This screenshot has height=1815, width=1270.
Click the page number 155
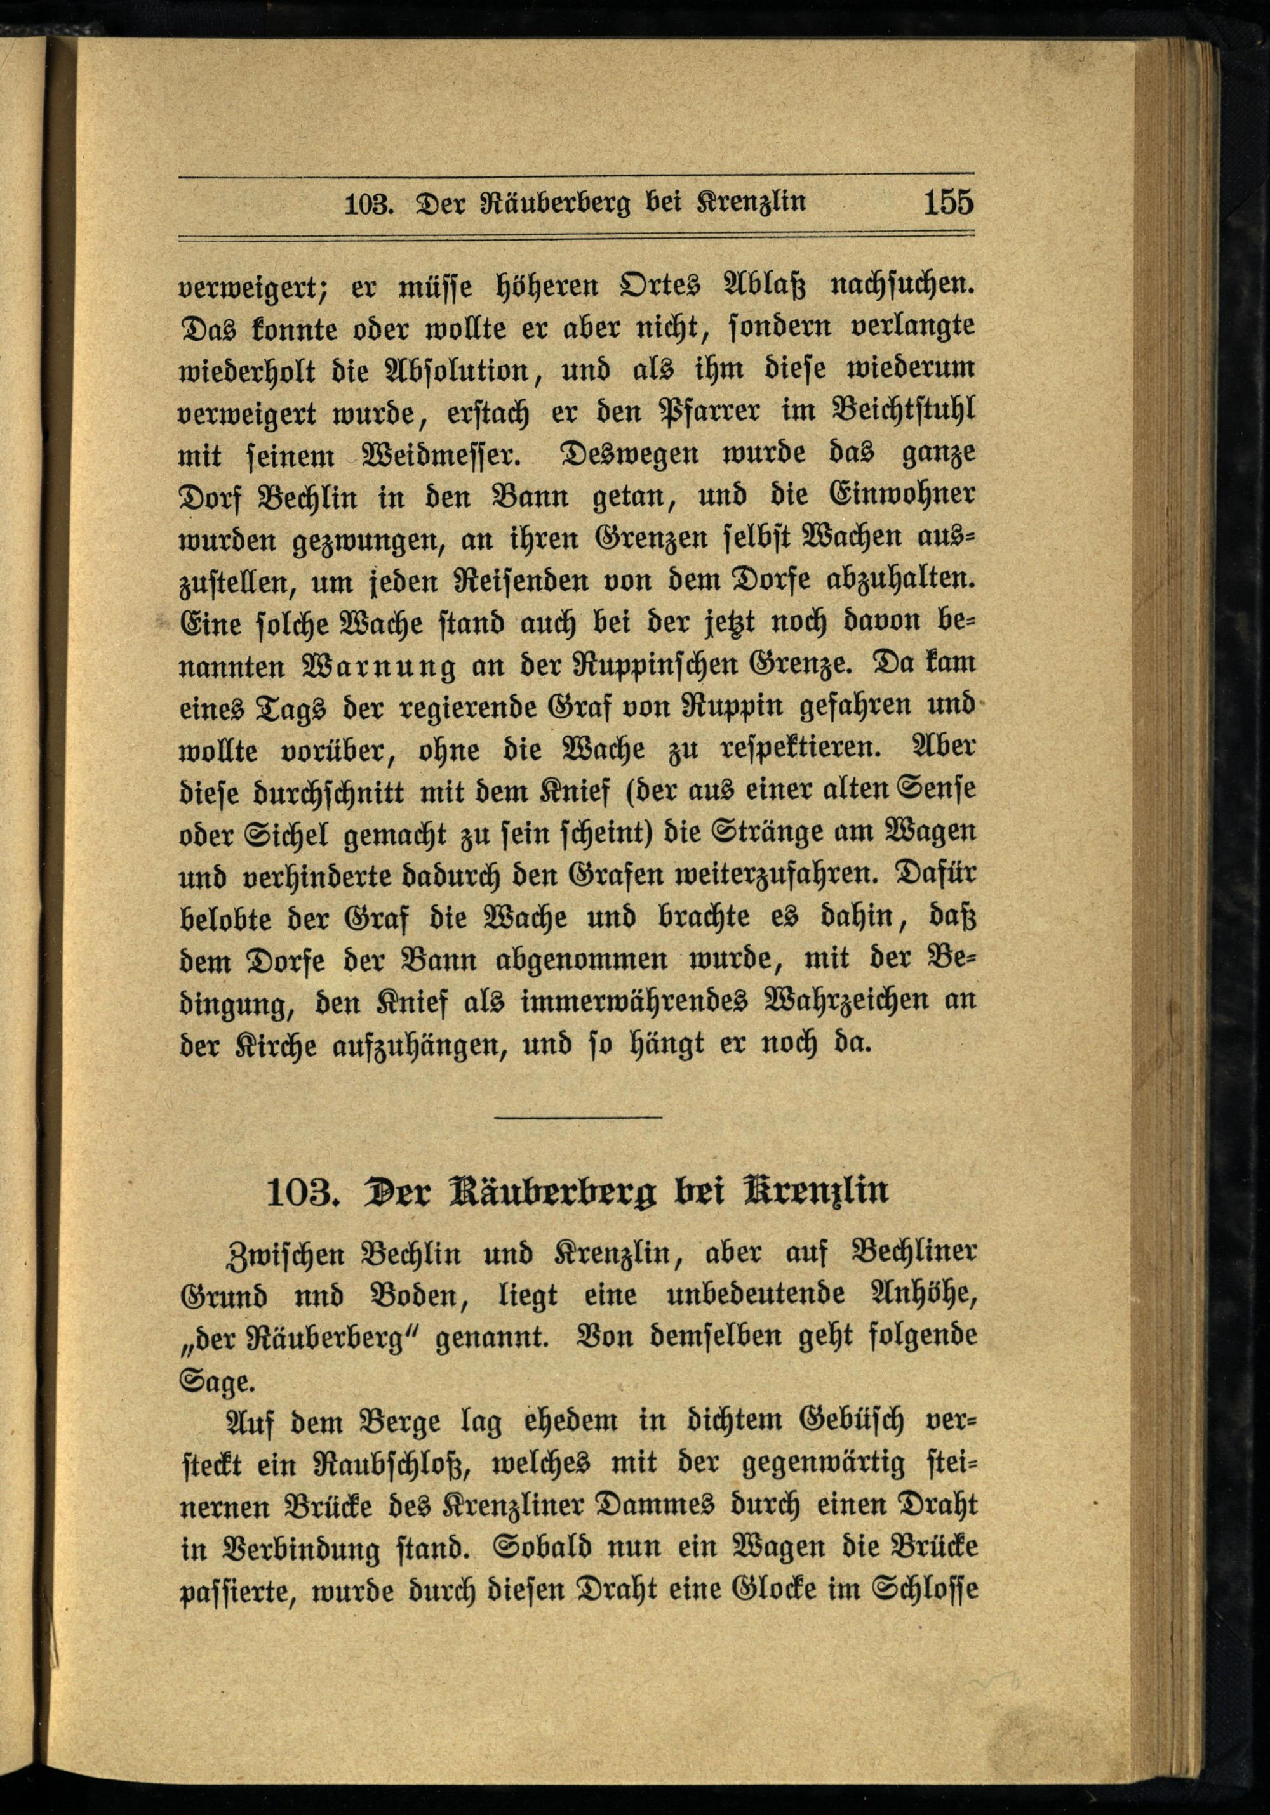coord(948,202)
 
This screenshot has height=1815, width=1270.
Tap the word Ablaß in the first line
coord(760,284)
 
